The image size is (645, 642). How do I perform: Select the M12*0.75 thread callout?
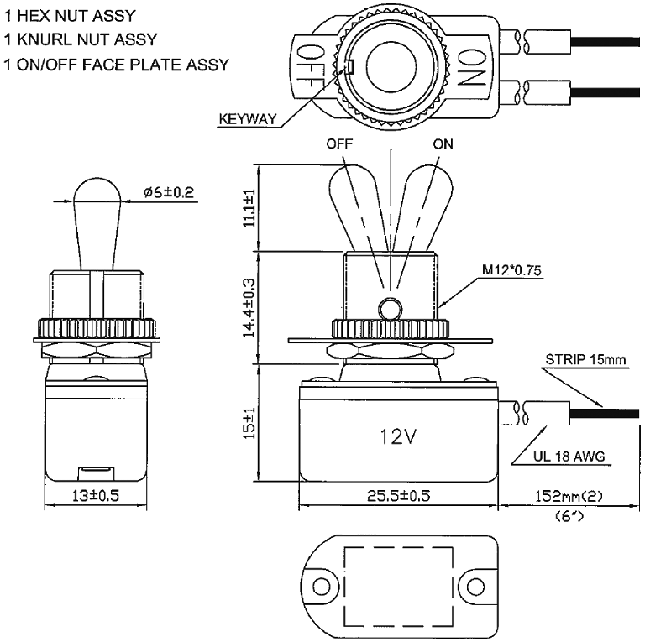click(511, 270)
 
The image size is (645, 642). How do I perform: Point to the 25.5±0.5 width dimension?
click(396, 496)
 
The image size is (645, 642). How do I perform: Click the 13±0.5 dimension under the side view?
click(93, 496)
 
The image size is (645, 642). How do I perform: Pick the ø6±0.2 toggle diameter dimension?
click(168, 192)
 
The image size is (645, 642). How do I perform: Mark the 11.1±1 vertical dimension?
click(249, 207)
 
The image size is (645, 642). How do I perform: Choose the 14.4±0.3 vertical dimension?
click(249, 307)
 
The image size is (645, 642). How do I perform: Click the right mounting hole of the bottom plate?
click(475, 584)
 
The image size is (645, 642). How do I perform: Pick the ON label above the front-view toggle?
click(443, 144)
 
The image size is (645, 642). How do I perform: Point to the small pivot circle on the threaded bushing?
click(388, 309)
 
